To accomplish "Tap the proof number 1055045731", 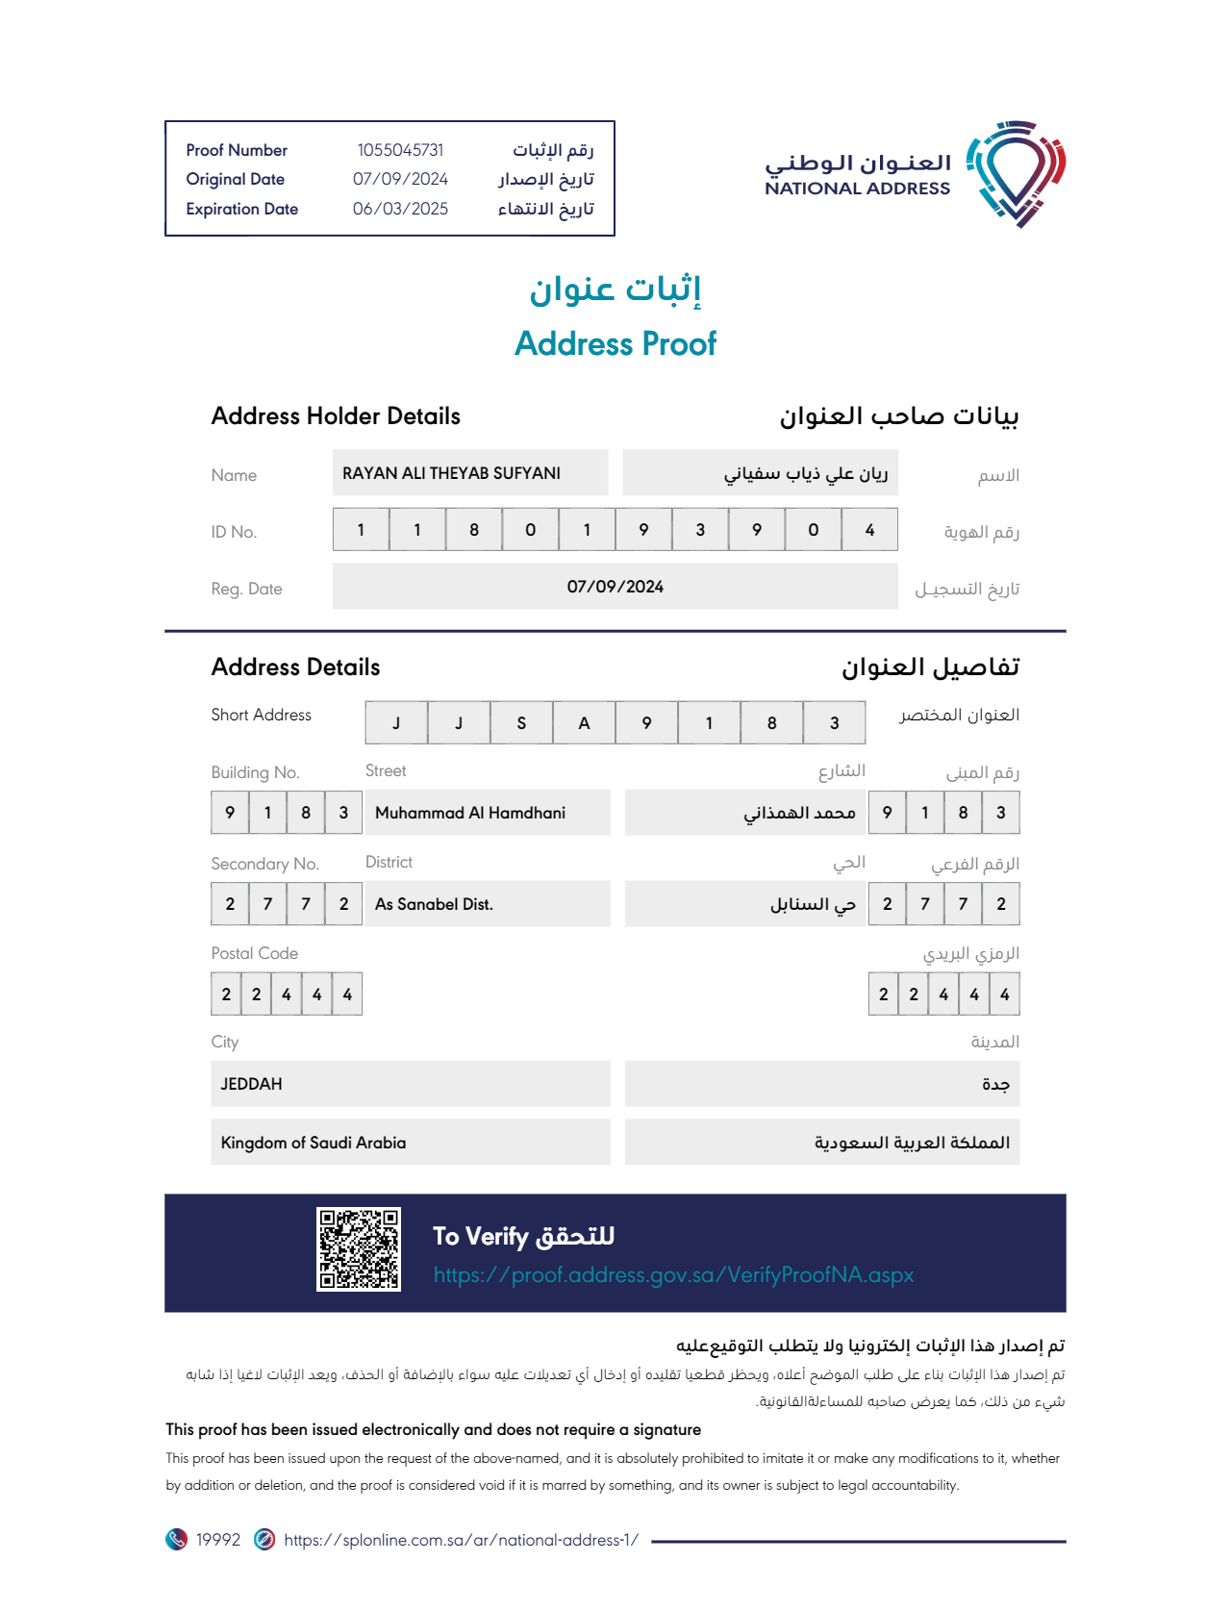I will point(400,150).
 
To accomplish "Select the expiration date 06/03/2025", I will point(400,209).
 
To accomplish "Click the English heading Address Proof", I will point(615,343).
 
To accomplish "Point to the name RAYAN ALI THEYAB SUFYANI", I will point(451,473).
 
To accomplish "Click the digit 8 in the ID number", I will point(474,530).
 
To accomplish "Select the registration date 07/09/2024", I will point(615,587).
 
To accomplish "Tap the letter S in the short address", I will point(521,723).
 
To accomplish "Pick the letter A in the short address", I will point(584,723).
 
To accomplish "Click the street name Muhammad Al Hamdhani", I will point(470,813).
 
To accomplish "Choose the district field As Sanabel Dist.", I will point(434,904).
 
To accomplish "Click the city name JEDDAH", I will point(252,1084).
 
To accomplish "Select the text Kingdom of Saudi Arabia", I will point(314,1143).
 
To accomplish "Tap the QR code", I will point(359,1248).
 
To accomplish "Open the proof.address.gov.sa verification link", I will point(673,1275).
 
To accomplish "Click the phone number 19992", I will point(218,1540).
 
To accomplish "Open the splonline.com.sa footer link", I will point(461,1540).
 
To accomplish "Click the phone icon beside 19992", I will point(176,1540).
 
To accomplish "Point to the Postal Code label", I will point(255,953).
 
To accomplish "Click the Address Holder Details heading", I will point(336,415).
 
